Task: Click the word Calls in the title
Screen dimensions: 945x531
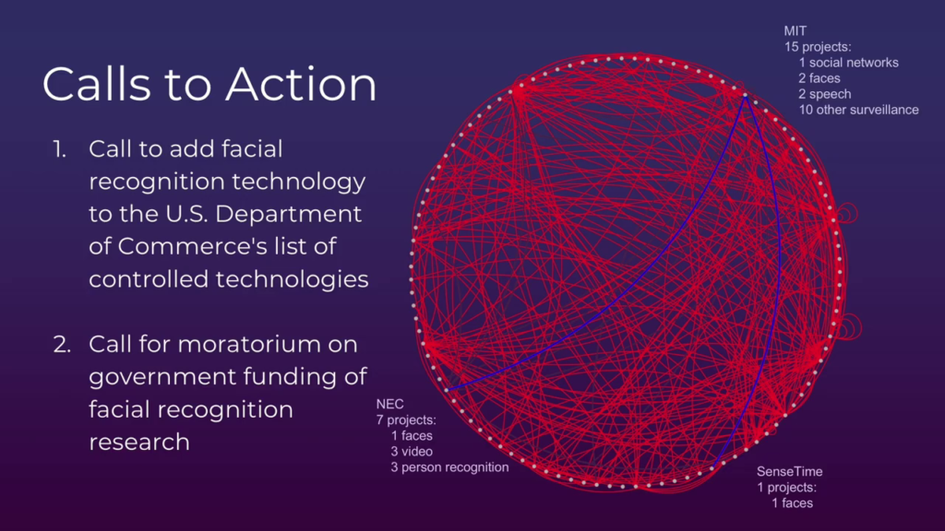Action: click(96, 84)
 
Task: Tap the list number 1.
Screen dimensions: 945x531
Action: click(59, 149)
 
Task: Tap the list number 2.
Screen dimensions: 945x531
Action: click(62, 345)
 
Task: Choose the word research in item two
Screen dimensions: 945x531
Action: click(139, 442)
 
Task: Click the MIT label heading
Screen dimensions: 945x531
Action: click(795, 31)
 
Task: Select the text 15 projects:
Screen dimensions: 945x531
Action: click(818, 47)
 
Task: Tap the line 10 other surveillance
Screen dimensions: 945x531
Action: click(859, 111)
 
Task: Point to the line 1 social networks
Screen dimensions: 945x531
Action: click(849, 63)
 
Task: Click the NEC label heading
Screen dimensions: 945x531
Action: click(390, 404)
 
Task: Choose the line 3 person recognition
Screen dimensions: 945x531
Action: click(449, 467)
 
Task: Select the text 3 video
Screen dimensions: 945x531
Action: click(412, 452)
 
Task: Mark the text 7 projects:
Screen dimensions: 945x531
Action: click(406, 419)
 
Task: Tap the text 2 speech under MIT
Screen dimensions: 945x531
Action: click(825, 95)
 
